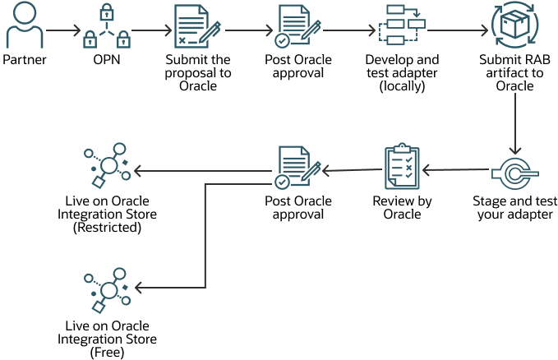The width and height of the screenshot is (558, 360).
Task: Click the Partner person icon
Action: pyautogui.click(x=25, y=27)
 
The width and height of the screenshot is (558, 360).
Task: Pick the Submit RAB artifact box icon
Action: pyautogui.click(x=514, y=27)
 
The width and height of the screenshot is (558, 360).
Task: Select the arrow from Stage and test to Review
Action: pyautogui.click(x=456, y=170)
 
